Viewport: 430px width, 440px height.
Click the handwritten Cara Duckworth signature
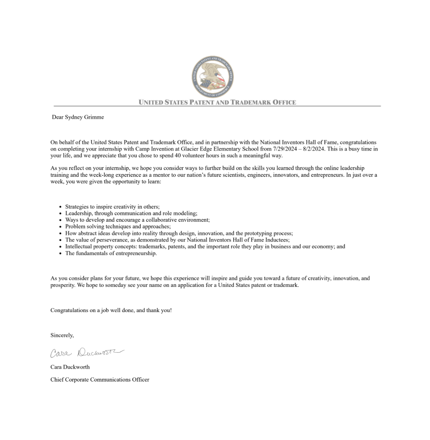pyautogui.click(x=87, y=353)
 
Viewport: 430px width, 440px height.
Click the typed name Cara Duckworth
pyautogui.click(x=70, y=367)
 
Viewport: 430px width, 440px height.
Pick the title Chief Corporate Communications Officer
pyautogui.click(x=100, y=380)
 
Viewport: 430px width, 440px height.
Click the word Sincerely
pyautogui.click(x=62, y=335)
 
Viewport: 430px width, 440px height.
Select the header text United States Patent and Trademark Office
pyautogui.click(x=217, y=102)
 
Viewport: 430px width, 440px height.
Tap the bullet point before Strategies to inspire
pyautogui.click(x=60, y=207)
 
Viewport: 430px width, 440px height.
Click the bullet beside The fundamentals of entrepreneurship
pyautogui.click(x=60, y=254)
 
